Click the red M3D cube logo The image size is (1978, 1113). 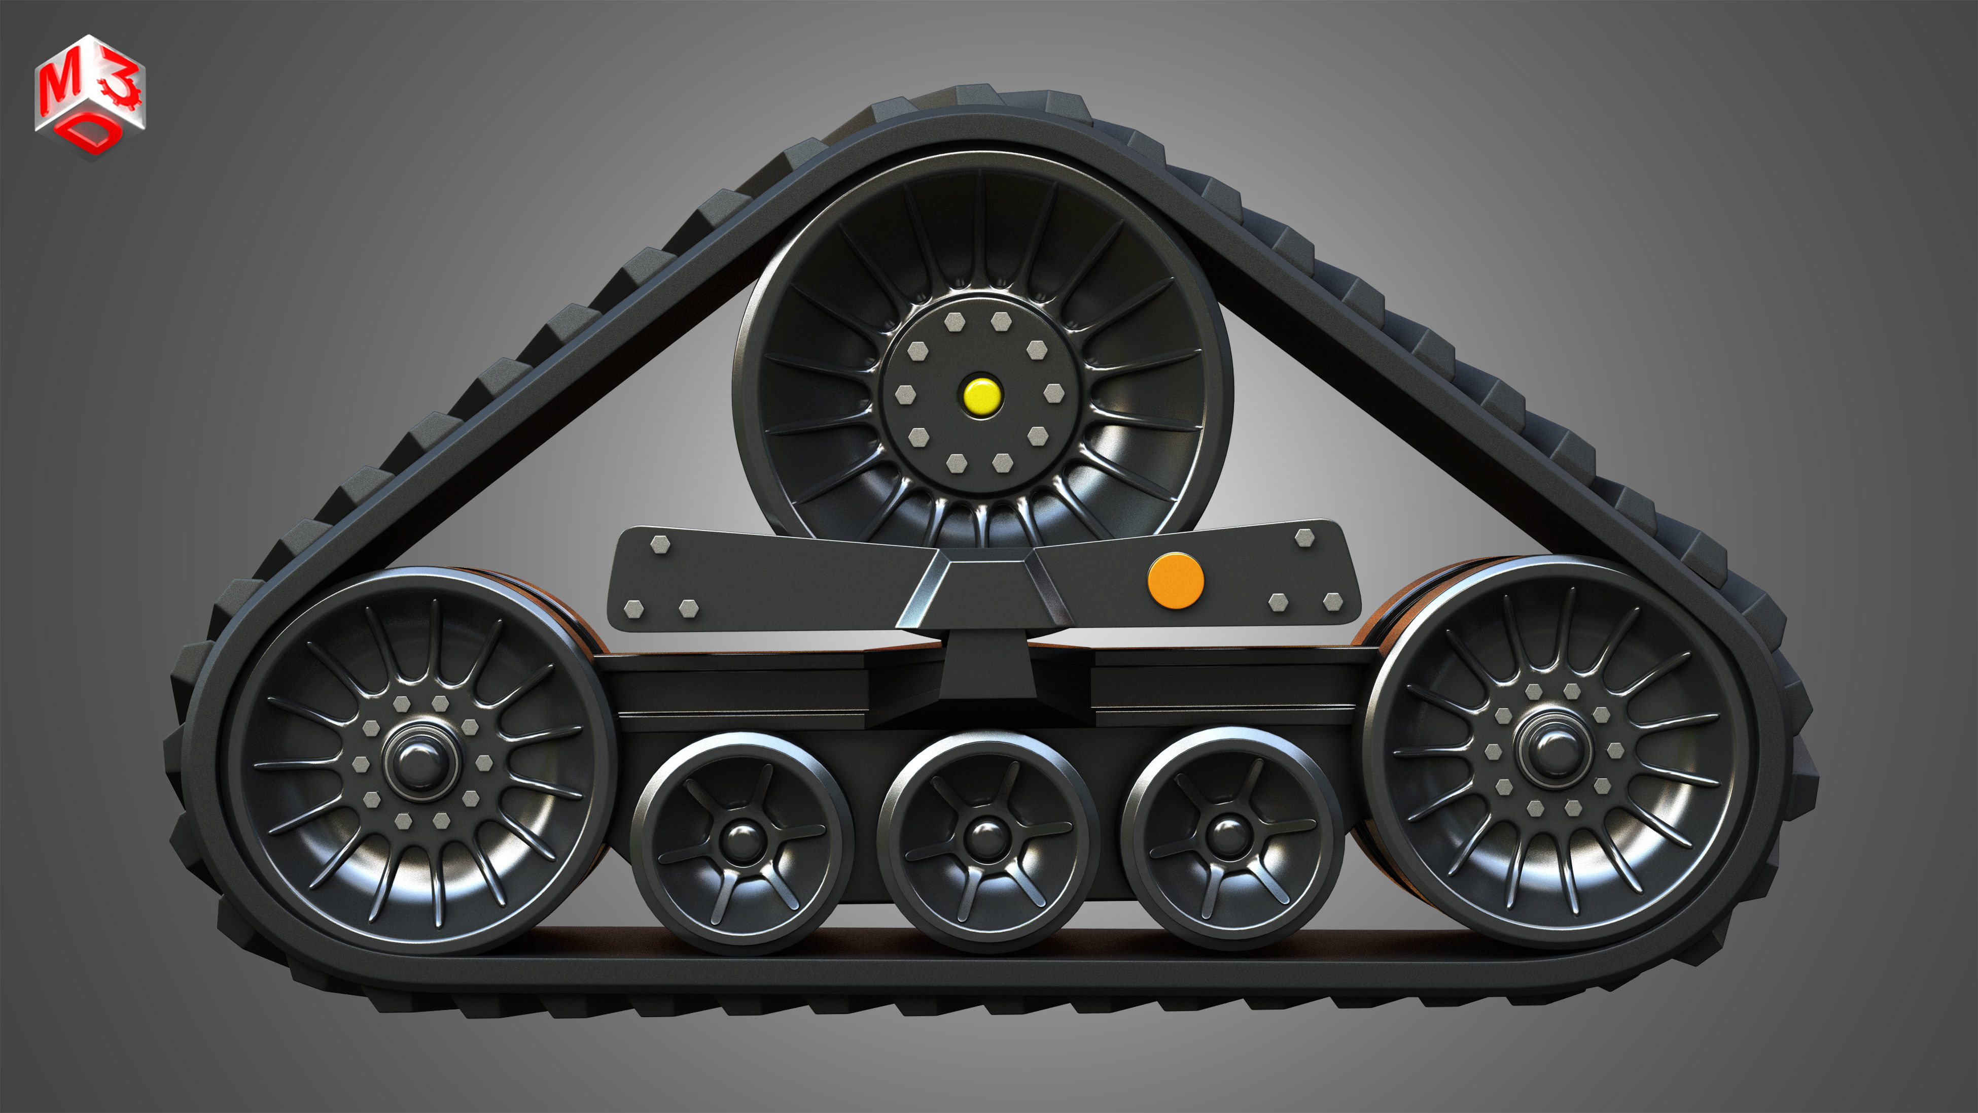pyautogui.click(x=90, y=96)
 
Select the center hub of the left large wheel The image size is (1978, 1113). pyautogui.click(x=419, y=759)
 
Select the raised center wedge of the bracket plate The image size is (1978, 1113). pyautogui.click(x=984, y=588)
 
